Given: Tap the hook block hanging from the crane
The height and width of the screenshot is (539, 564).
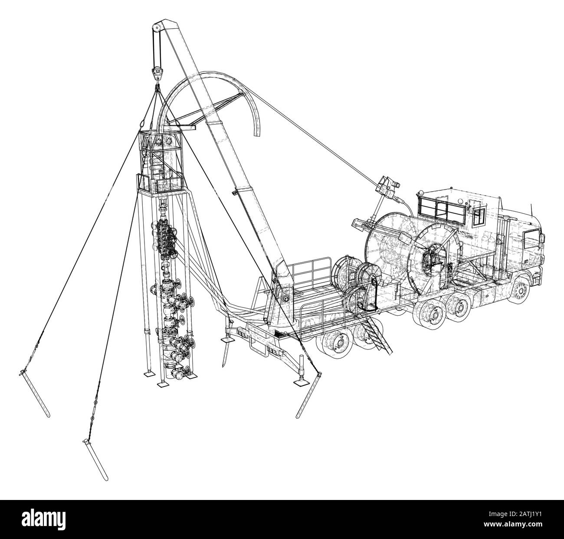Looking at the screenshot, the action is pos(157,73).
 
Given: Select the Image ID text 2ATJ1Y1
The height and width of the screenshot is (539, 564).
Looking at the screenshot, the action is pos(515,514).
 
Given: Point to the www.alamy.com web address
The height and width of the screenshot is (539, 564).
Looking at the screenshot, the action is pos(513,524).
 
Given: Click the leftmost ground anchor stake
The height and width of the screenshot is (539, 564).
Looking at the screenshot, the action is pos(34,393).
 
